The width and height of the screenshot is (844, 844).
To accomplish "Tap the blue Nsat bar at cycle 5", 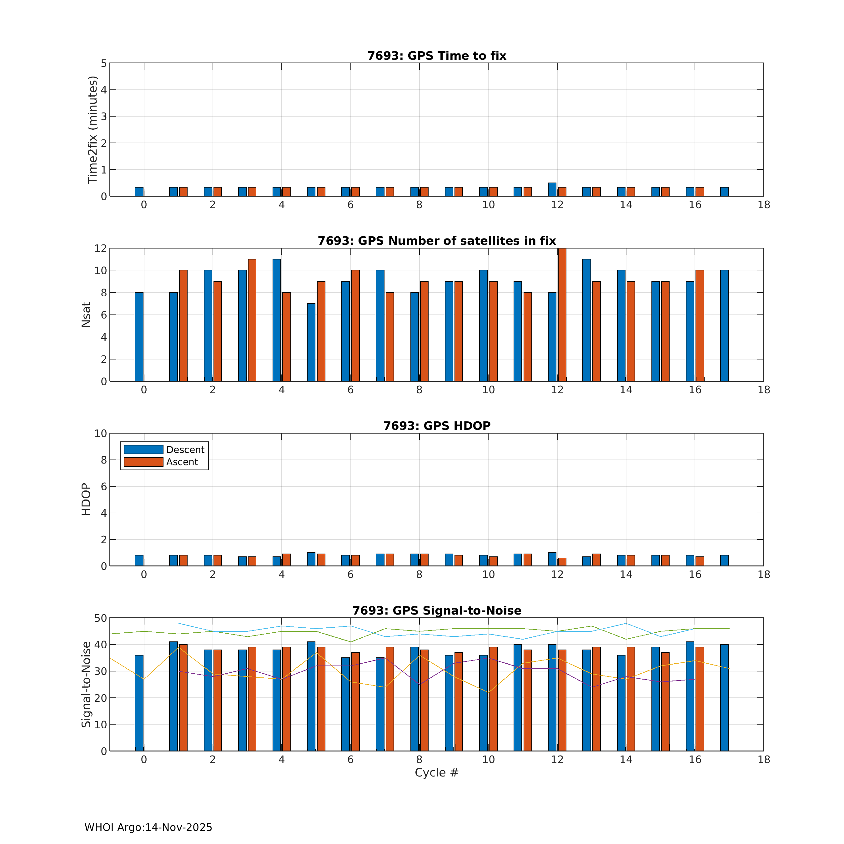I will [x=311, y=342].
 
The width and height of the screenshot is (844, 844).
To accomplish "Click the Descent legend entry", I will [x=164, y=450].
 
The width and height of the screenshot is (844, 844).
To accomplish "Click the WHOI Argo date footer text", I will [x=148, y=827].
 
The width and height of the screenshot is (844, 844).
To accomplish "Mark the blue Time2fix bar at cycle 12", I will [x=552, y=190].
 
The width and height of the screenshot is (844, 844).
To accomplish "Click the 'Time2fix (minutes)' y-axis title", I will [x=93, y=130].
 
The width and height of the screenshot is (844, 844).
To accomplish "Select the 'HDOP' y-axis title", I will [x=86, y=499].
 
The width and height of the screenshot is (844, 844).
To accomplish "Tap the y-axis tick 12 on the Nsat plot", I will [x=100, y=248].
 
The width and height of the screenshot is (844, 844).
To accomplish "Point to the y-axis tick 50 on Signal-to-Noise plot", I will [x=100, y=618].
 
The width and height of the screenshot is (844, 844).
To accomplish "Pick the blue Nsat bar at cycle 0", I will [x=139, y=337].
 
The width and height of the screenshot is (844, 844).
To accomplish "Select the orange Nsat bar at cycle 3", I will [x=252, y=320].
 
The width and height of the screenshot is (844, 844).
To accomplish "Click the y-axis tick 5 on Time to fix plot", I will [x=103, y=63].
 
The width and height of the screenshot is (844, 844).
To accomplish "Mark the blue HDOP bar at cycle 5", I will [x=311, y=559].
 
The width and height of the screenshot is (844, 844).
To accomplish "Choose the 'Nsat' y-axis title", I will [x=86, y=314].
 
